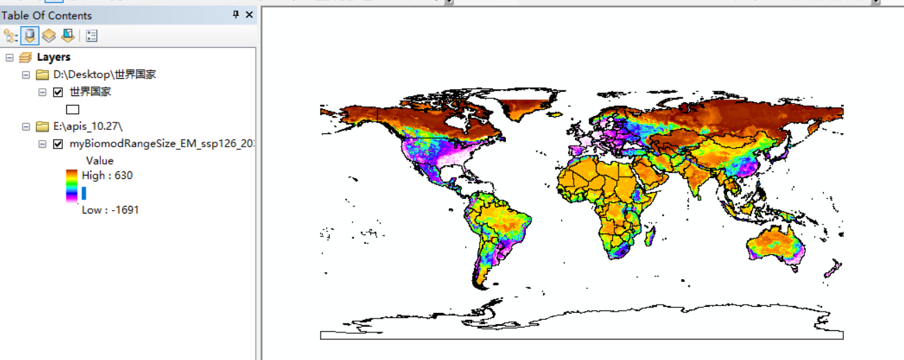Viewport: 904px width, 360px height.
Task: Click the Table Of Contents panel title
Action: pyautogui.click(x=46, y=15)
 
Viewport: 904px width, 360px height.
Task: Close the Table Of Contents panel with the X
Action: pyautogui.click(x=249, y=15)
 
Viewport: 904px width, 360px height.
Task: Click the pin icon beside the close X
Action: pyautogui.click(x=236, y=15)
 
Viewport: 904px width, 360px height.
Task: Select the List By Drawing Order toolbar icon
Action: pyautogui.click(x=11, y=36)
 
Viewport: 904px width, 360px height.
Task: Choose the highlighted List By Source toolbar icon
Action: pyautogui.click(x=30, y=36)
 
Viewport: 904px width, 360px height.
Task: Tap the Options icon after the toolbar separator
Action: pyautogui.click(x=92, y=36)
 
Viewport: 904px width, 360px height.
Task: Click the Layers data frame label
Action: pyautogui.click(x=53, y=57)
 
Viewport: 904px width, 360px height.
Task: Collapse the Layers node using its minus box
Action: pyautogui.click(x=8, y=57)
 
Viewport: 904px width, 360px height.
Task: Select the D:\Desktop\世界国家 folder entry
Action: pyautogui.click(x=104, y=75)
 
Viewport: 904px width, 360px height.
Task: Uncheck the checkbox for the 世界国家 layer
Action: pyautogui.click(x=58, y=92)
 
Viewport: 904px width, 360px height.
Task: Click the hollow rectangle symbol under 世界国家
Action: pyautogui.click(x=73, y=109)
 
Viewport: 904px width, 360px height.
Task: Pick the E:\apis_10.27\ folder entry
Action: pyautogui.click(x=87, y=126)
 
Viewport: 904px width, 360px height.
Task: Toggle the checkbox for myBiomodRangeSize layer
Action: pyautogui.click(x=58, y=144)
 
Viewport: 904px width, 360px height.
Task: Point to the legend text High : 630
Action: pyautogui.click(x=107, y=176)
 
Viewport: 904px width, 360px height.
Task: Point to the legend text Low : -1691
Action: pyautogui.click(x=110, y=209)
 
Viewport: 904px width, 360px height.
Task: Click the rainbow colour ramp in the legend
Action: pyautogui.click(x=72, y=185)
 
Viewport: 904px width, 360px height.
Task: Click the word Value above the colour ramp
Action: pyautogui.click(x=100, y=161)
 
